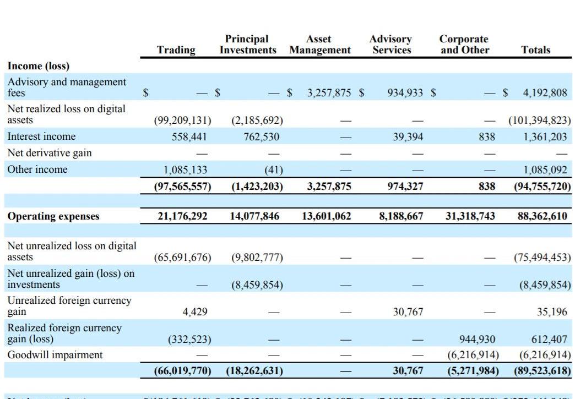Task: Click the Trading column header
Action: [176, 50]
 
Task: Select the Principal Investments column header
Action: [248, 45]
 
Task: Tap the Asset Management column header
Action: [319, 45]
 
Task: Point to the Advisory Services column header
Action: [390, 45]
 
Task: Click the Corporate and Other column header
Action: [464, 45]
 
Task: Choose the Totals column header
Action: [535, 50]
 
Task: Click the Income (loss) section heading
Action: [39, 66]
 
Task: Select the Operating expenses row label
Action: [53, 216]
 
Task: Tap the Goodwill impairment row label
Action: [55, 355]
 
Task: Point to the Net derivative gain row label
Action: [50, 153]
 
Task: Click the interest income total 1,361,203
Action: [545, 136]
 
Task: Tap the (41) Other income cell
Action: [270, 170]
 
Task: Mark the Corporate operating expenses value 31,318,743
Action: [470, 216]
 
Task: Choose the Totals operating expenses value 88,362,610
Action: [542, 216]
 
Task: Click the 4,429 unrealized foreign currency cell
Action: [195, 312]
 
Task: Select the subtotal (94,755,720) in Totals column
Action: [542, 187]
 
